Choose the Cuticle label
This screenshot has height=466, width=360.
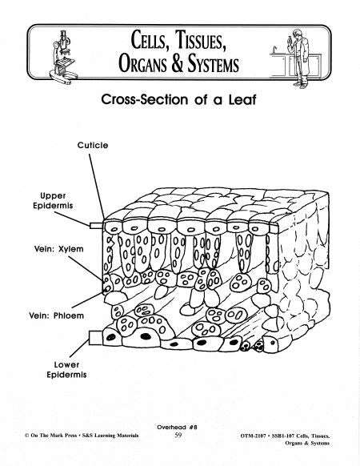coord(93,145)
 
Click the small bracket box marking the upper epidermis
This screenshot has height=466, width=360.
coord(96,225)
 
